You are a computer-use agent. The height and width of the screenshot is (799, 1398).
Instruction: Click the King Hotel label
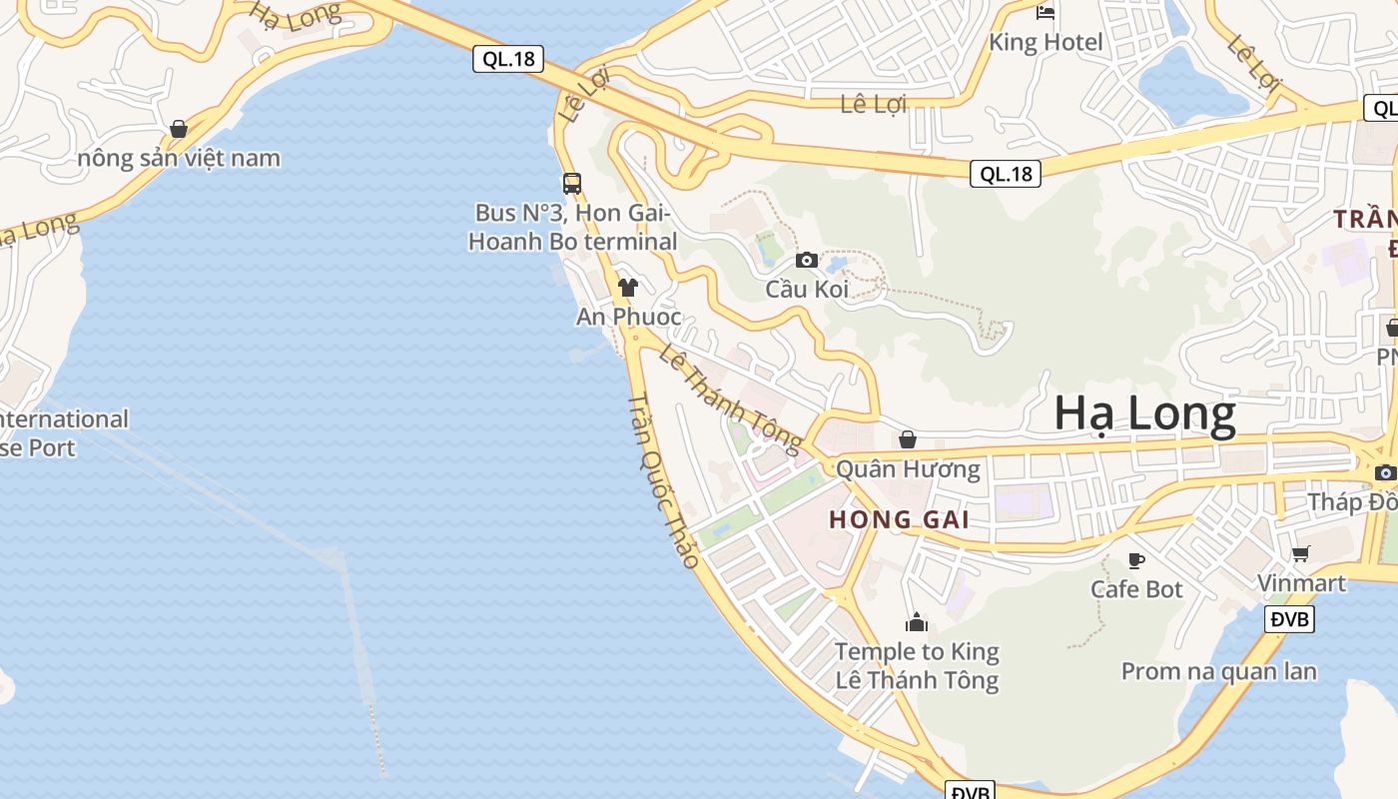click(1046, 42)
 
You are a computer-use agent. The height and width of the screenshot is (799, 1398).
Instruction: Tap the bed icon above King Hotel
click(1046, 13)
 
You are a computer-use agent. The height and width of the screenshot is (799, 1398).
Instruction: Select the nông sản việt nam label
click(179, 158)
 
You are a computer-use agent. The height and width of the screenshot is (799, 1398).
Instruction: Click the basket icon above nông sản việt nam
click(179, 129)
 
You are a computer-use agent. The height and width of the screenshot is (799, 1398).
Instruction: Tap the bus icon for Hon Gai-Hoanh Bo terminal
click(572, 184)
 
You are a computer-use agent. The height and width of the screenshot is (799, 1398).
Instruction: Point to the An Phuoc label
click(628, 317)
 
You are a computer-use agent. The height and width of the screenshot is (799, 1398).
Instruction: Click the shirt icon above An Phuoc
click(627, 288)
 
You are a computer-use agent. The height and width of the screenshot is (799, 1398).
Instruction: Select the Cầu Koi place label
click(807, 290)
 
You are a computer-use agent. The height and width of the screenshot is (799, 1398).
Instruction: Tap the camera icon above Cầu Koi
click(807, 261)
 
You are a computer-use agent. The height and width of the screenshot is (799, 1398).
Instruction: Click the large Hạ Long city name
click(1144, 413)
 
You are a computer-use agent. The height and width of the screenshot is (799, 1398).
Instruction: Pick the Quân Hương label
click(908, 468)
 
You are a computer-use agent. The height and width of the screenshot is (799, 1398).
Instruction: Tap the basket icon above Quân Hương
click(908, 439)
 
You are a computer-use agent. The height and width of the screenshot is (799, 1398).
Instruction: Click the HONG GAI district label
click(900, 519)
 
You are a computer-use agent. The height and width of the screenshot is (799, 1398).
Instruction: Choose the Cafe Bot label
click(1136, 589)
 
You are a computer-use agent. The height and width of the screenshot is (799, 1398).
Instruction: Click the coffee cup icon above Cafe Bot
click(1135, 560)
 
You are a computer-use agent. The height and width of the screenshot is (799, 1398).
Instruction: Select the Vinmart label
click(1301, 582)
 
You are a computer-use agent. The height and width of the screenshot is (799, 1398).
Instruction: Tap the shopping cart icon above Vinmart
click(1300, 553)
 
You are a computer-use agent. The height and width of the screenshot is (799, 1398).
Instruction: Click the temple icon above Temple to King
click(916, 623)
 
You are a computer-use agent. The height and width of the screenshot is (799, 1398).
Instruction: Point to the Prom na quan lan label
click(1218, 671)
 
